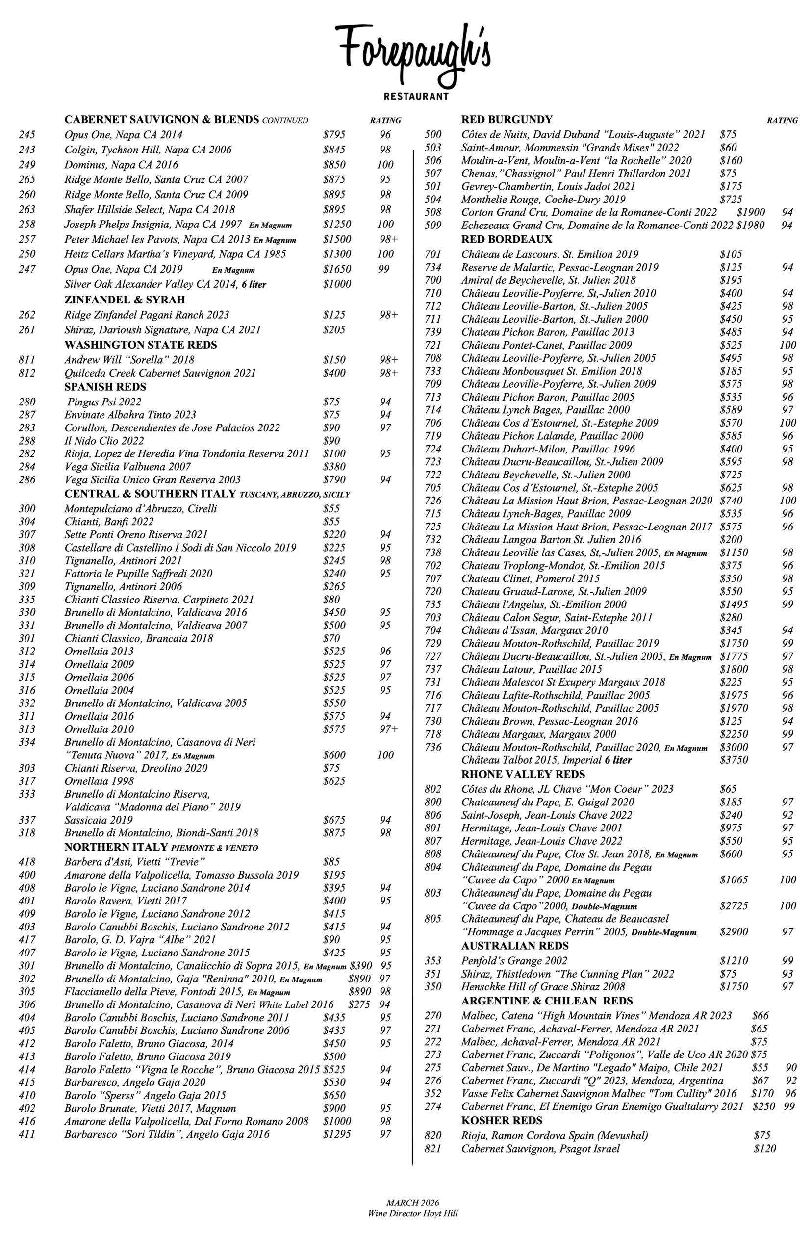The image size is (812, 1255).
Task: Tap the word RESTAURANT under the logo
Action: (416, 97)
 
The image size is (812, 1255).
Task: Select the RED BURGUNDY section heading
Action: (506, 120)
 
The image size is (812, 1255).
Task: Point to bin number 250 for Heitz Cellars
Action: (27, 254)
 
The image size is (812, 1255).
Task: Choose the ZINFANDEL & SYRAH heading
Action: (125, 301)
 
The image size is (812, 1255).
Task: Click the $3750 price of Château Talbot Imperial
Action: (734, 760)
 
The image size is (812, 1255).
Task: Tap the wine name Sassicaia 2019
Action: (99, 820)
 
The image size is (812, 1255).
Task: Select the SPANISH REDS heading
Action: (105, 387)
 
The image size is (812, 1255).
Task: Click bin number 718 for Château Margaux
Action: (433, 735)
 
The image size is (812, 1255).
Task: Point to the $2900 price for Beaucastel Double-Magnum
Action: (734, 932)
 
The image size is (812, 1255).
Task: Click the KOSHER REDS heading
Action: (502, 1121)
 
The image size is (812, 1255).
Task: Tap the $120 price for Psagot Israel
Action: (764, 1149)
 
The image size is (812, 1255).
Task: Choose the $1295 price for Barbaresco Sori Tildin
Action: (337, 1134)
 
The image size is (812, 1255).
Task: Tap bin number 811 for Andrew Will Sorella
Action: (27, 360)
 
